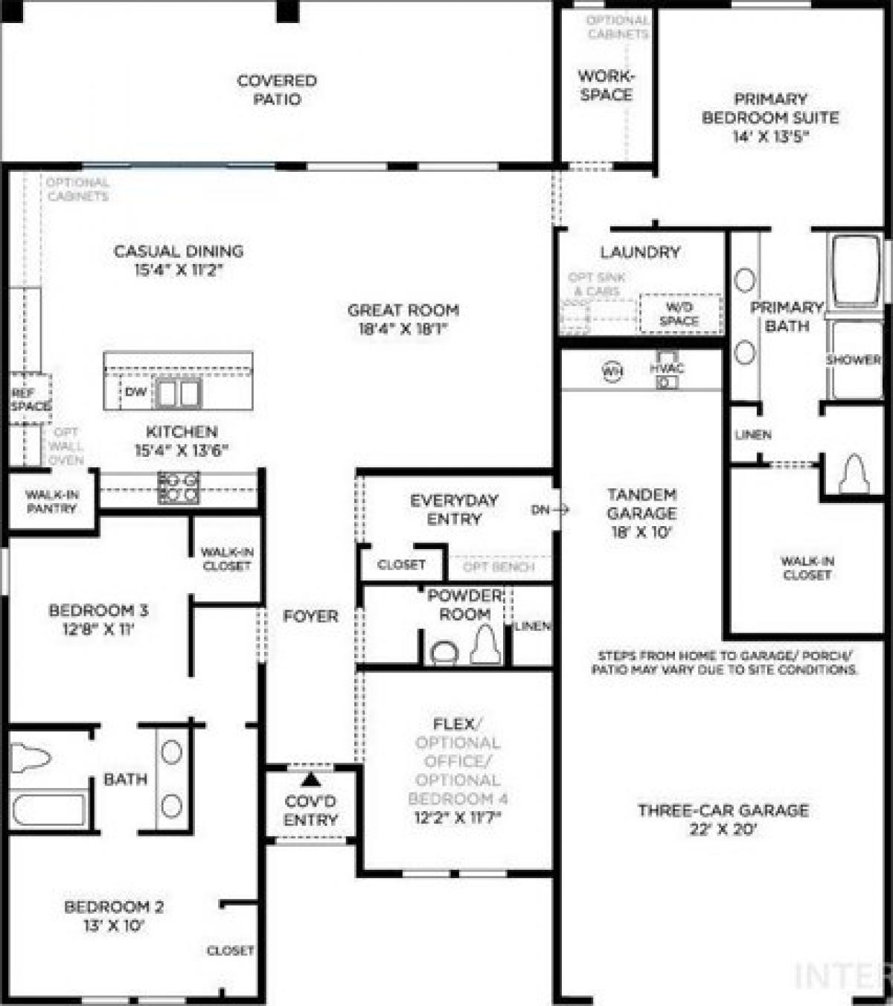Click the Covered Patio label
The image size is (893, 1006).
point(277,90)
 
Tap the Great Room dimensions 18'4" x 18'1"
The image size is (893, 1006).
point(403,329)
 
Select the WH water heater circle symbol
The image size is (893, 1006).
point(612,371)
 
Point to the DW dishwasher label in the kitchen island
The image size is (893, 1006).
point(135,392)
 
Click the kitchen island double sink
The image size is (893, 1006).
point(177,393)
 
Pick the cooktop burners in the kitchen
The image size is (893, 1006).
point(179,487)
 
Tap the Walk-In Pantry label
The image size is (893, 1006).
point(51,502)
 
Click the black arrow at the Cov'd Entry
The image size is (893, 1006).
point(311,779)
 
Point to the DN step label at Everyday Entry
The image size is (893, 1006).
point(540,510)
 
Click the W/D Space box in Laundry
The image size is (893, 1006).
point(679,314)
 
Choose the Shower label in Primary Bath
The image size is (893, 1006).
point(853,359)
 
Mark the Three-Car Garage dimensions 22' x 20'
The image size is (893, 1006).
point(723,830)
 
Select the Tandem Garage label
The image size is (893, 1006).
point(641,504)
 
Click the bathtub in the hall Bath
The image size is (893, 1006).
point(48,810)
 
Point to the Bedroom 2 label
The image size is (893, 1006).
point(114,907)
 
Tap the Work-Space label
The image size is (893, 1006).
point(606,86)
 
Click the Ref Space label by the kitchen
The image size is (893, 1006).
point(30,400)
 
